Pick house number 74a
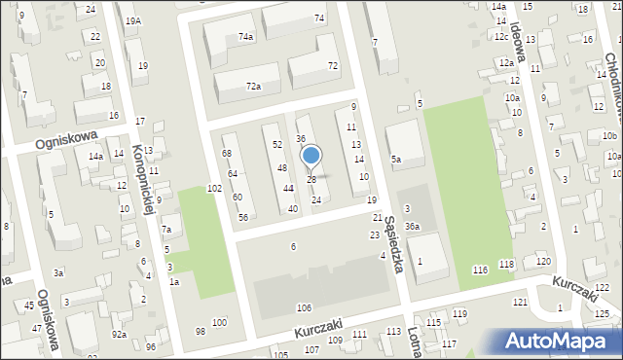tap(245, 36)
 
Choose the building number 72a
tap(253, 87)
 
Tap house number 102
tap(214, 188)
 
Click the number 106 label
tap(304, 307)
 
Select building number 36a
tap(413, 227)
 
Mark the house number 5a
tap(396, 159)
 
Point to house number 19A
tap(133, 20)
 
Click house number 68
tap(227, 154)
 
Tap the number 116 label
tap(479, 269)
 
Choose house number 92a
tap(119, 334)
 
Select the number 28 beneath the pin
tap(311, 180)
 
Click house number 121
tap(521, 303)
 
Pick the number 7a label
tap(166, 230)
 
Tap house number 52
tap(277, 144)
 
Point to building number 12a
tap(506, 62)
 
